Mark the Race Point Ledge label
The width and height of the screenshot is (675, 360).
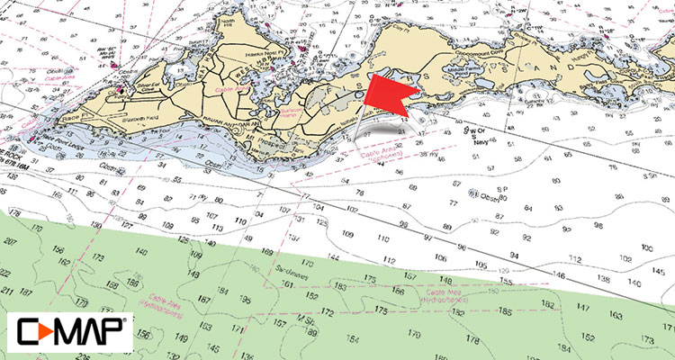pyautogui.click(x=51, y=142)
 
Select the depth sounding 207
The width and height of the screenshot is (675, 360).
pyautogui.click(x=12, y=244)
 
